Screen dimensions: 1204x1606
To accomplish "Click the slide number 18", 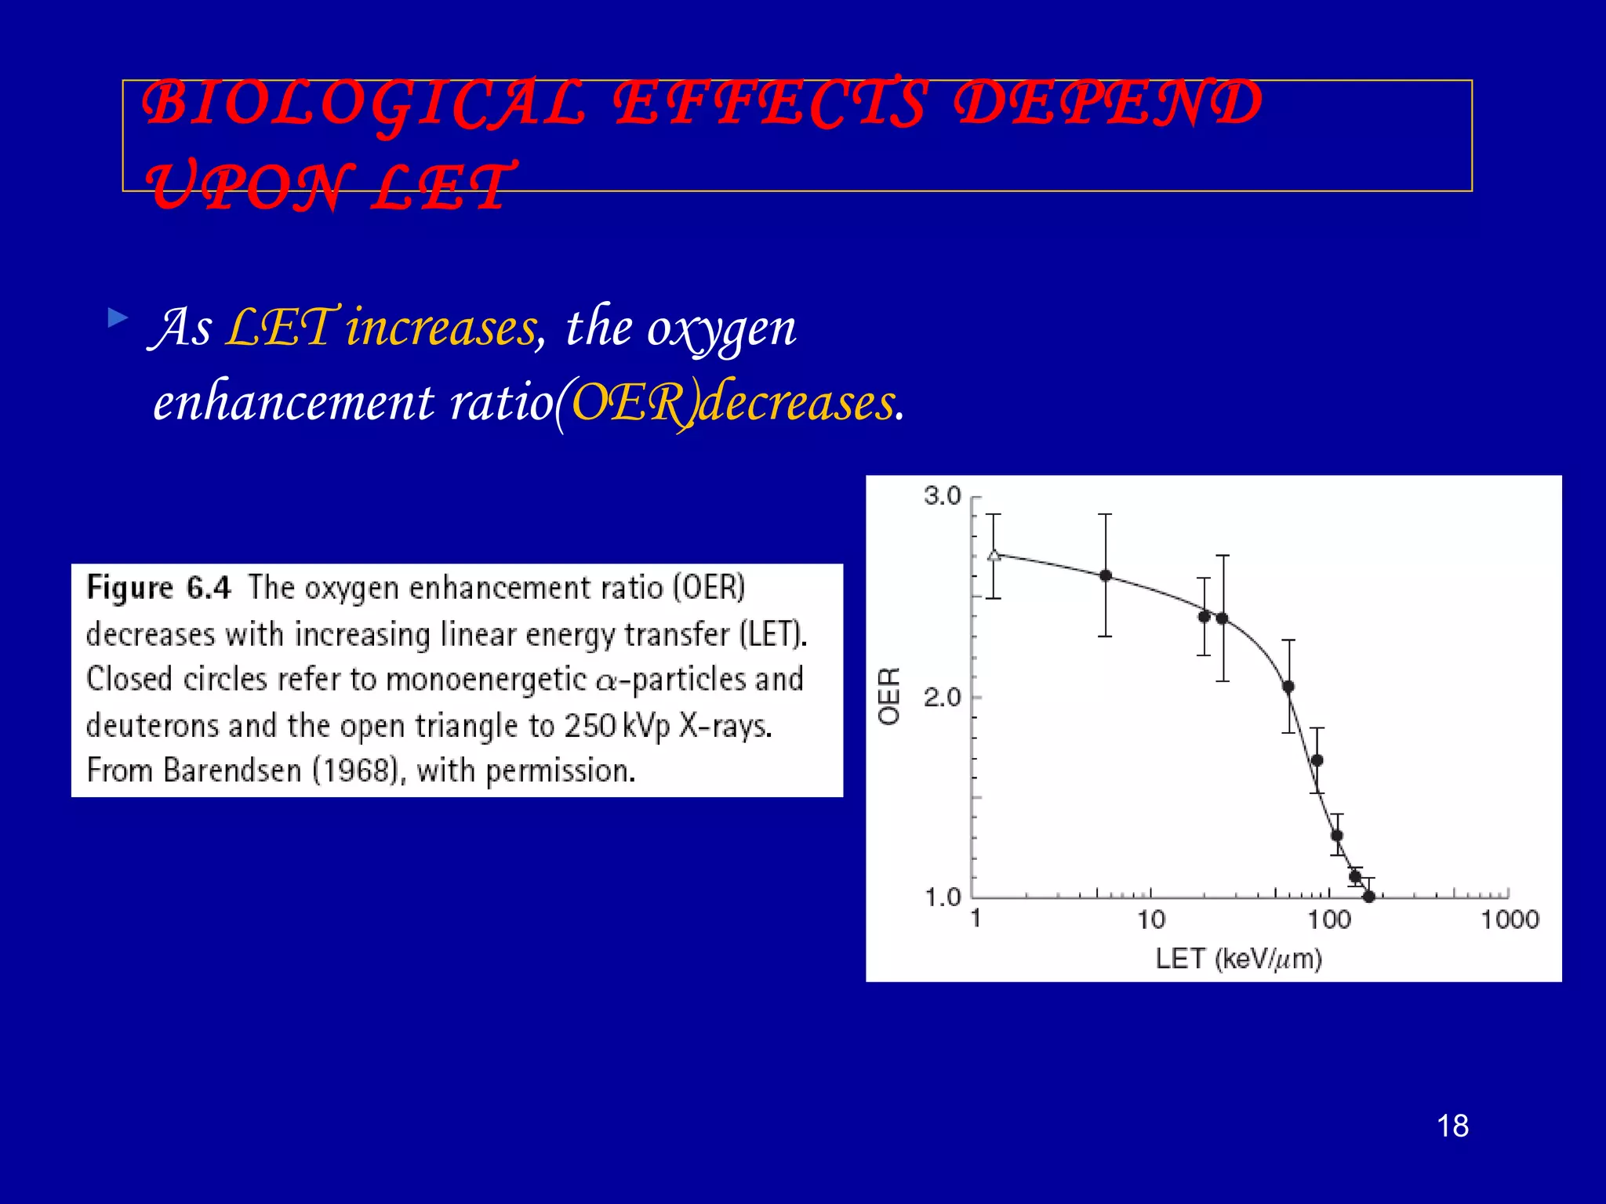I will [1452, 1126].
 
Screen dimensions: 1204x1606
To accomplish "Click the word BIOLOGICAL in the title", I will [365, 104].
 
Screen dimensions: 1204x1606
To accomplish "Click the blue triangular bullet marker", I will [118, 318].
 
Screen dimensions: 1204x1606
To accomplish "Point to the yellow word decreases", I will [796, 403].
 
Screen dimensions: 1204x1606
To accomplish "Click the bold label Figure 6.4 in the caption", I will [158, 588].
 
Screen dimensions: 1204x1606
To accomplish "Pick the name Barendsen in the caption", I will [232, 771].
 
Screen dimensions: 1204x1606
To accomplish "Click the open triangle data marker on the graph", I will [994, 556].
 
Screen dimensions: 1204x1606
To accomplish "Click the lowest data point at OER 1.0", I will [1368, 897].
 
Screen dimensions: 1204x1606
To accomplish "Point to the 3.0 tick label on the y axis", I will [942, 496].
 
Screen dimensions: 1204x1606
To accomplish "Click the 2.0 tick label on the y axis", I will [942, 697].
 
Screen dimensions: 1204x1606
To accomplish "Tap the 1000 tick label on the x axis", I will [1509, 919].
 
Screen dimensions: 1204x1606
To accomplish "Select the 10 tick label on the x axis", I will [1150, 919].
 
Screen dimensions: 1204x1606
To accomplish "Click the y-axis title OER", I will [889, 696].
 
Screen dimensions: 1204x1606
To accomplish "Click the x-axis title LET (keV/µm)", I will [1238, 958].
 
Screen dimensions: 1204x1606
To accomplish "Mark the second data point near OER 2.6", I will [1105, 575].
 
